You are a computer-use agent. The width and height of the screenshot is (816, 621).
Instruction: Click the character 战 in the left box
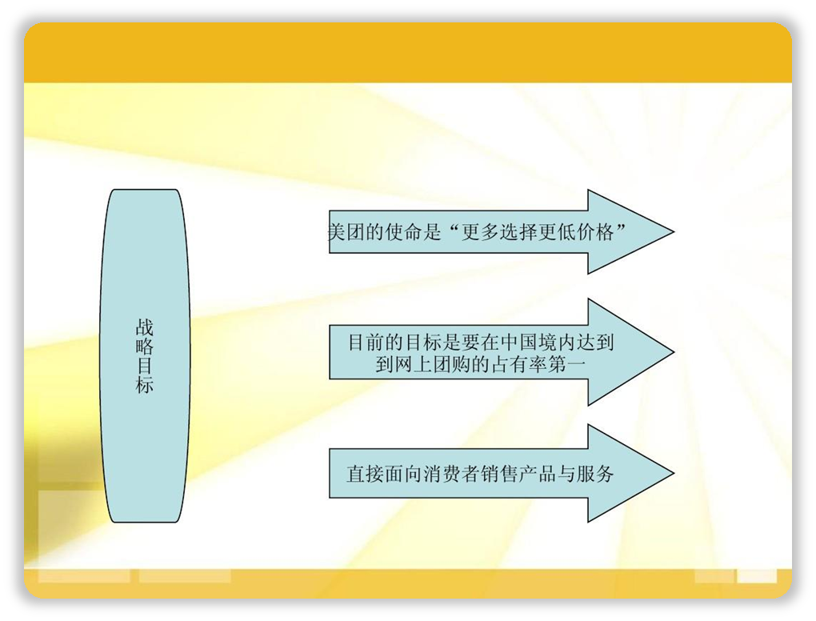pos(144,328)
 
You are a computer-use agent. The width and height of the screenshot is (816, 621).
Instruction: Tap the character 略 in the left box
pos(144,347)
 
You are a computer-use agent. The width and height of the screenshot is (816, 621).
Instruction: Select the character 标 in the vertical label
pos(144,385)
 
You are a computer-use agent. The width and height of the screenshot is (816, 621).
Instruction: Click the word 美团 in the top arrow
pos(346,231)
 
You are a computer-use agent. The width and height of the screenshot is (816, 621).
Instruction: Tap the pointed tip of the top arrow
pos(674,231)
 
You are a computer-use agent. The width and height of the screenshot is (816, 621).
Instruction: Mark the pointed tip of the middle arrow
pos(674,352)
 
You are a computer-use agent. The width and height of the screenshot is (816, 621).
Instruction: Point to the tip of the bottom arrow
pos(674,473)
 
